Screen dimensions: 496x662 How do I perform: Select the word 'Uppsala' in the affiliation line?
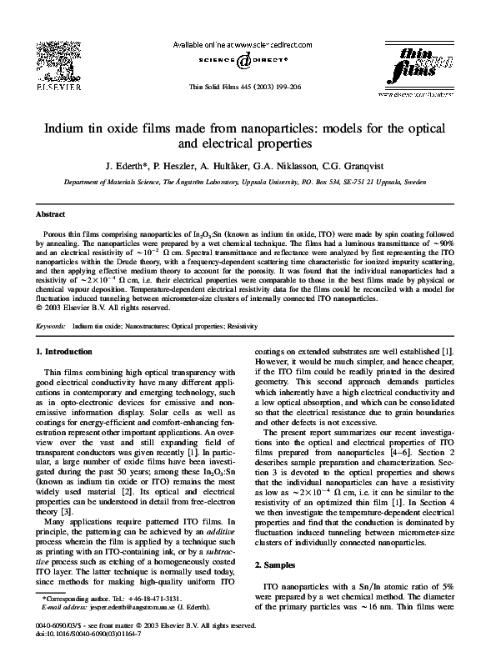point(309,179)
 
